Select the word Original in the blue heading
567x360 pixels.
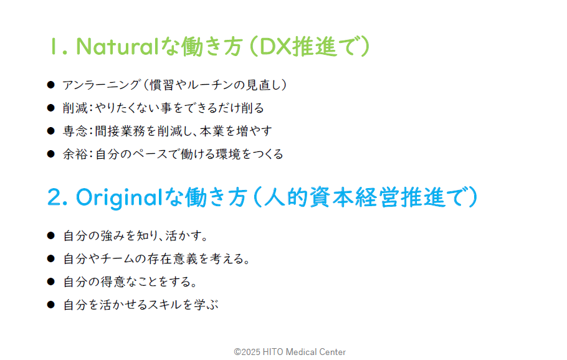click(x=119, y=198)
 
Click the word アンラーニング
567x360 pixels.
click(x=101, y=85)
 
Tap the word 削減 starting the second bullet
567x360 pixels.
click(x=75, y=108)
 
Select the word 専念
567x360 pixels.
click(x=75, y=131)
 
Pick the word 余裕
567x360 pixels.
click(x=75, y=154)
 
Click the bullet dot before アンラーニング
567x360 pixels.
click(x=50, y=85)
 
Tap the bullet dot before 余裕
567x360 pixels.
click(x=50, y=154)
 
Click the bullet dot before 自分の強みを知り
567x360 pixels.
click(x=50, y=235)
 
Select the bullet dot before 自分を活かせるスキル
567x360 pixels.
click(x=50, y=305)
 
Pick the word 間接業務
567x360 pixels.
click(x=120, y=131)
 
